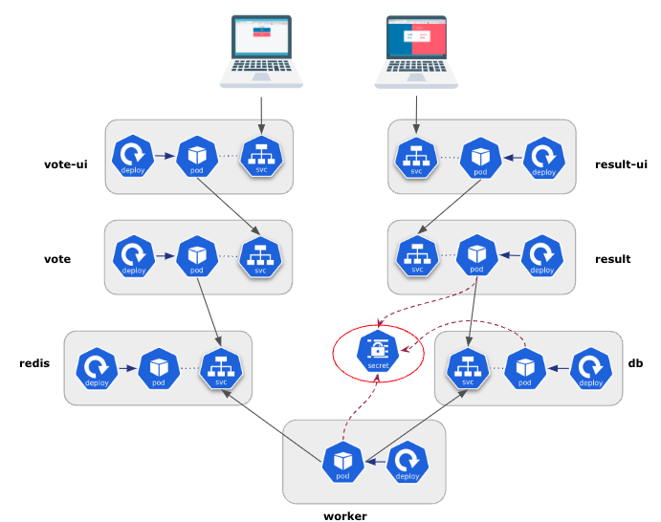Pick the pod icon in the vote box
pyautogui.click(x=197, y=256)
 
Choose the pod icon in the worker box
pyautogui.click(x=342, y=462)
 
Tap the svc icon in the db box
pyautogui.click(x=468, y=368)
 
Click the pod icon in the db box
pyautogui.click(x=524, y=368)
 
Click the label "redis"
pyautogui.click(x=34, y=363)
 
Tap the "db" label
pyautogui.click(x=635, y=363)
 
